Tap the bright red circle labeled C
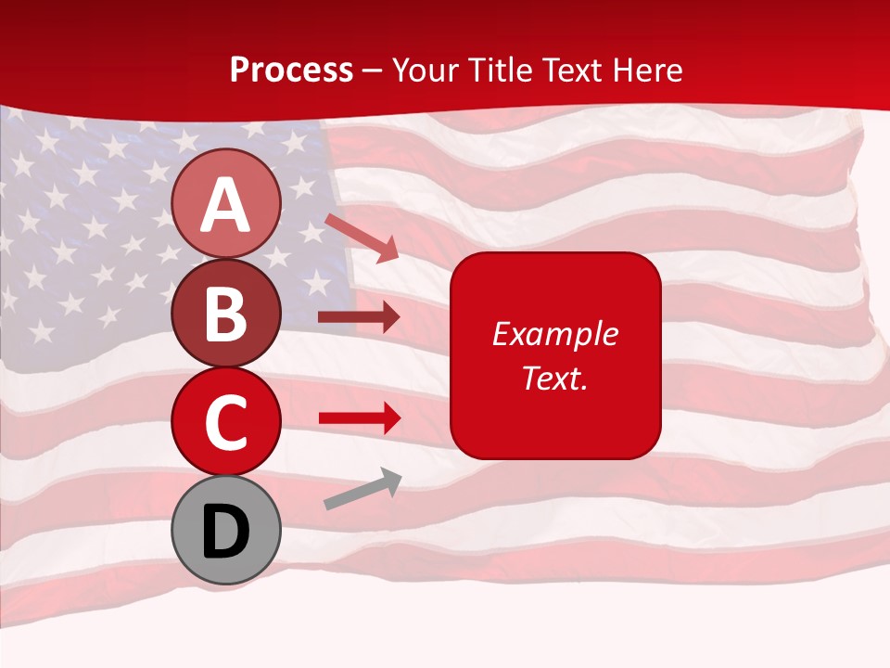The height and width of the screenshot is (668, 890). (x=225, y=421)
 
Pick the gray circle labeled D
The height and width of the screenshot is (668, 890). (x=225, y=530)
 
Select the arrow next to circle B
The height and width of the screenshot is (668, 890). (x=359, y=317)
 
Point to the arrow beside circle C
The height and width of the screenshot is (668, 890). (x=360, y=418)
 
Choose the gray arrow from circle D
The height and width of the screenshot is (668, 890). (x=362, y=489)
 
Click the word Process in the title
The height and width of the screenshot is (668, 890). (x=291, y=71)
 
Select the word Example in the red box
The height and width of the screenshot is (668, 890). (x=554, y=334)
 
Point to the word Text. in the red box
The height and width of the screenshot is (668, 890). (x=554, y=378)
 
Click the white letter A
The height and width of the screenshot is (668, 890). (x=225, y=204)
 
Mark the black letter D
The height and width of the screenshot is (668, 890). (x=225, y=532)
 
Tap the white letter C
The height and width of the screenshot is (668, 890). (x=225, y=423)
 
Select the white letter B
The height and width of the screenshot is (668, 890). (x=225, y=315)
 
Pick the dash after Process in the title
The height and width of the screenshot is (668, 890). (x=372, y=71)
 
